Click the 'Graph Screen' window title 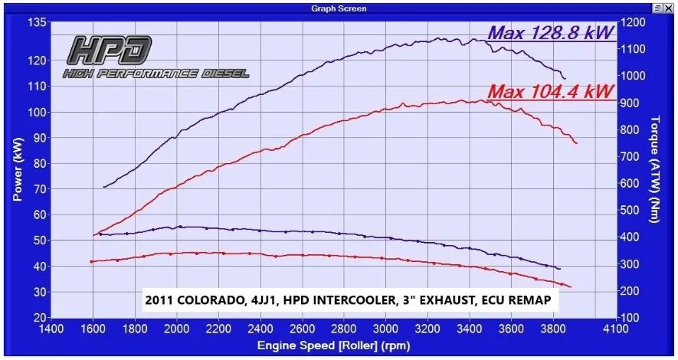point(339,8)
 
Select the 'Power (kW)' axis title point(17,169)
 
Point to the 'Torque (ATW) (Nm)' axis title point(654,169)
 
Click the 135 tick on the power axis point(36,22)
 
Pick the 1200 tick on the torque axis point(636,22)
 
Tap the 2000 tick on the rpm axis point(177,330)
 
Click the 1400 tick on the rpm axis point(51,330)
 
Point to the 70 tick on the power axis point(38,188)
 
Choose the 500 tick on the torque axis point(633,210)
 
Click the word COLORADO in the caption point(204,299)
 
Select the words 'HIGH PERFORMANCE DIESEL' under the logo point(156,74)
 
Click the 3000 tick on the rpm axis point(386,330)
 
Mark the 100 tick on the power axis point(36,112)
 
